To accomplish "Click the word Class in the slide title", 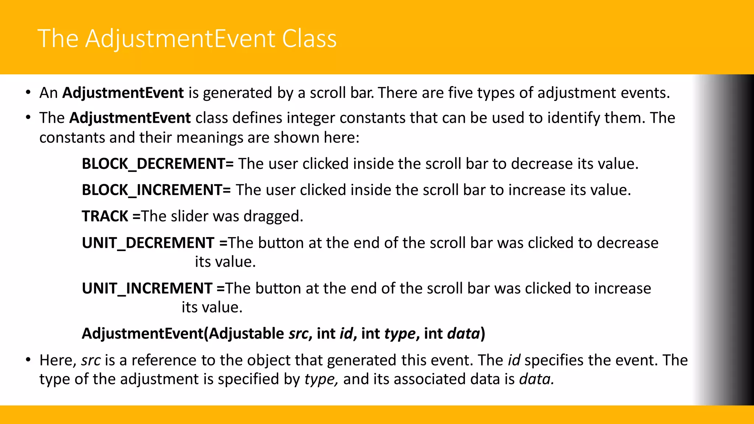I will tap(309, 39).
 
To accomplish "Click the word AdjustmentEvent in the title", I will tap(180, 39).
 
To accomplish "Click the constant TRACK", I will tap(105, 216).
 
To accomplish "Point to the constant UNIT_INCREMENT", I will tap(147, 288).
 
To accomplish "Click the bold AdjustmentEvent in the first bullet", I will tap(123, 93).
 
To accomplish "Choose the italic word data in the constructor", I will tap(464, 333).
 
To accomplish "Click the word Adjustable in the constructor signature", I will tap(246, 333).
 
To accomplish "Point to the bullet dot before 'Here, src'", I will tap(28, 360).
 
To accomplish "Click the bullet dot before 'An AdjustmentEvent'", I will tap(28, 92).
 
